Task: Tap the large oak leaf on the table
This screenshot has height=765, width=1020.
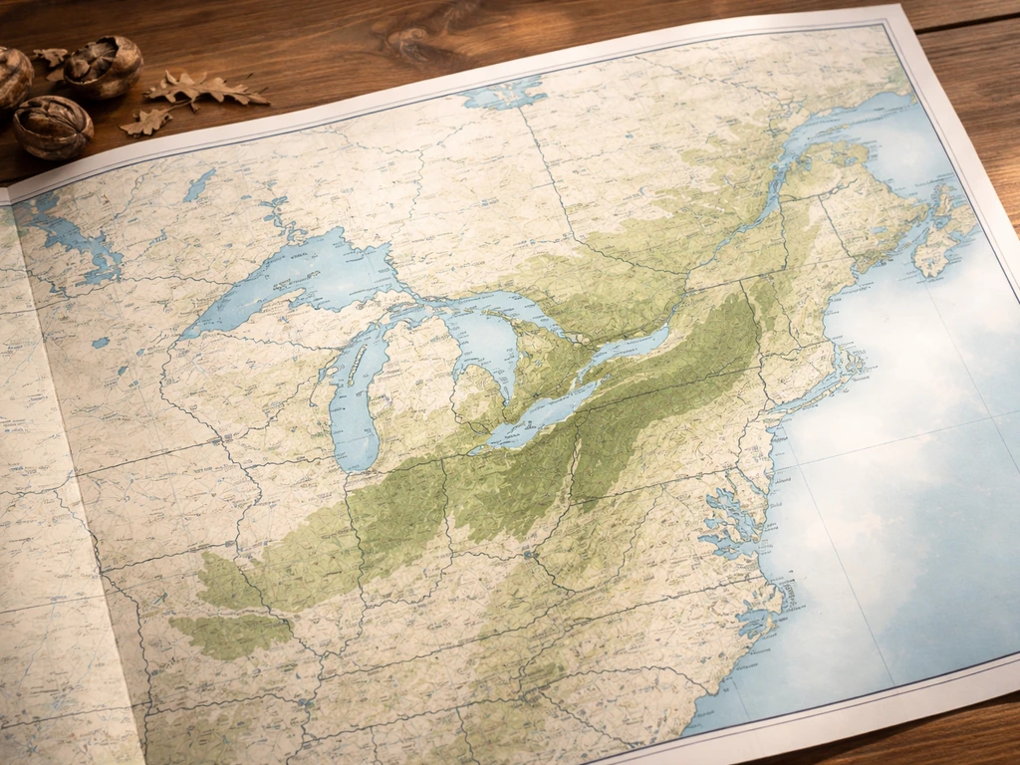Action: tap(204, 90)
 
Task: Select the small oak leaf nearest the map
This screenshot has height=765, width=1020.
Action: tap(146, 122)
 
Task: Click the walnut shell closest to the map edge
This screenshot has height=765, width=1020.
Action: tap(52, 127)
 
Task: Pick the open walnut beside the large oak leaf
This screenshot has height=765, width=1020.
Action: tap(104, 66)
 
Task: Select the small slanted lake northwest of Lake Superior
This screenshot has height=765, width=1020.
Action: tap(199, 184)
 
